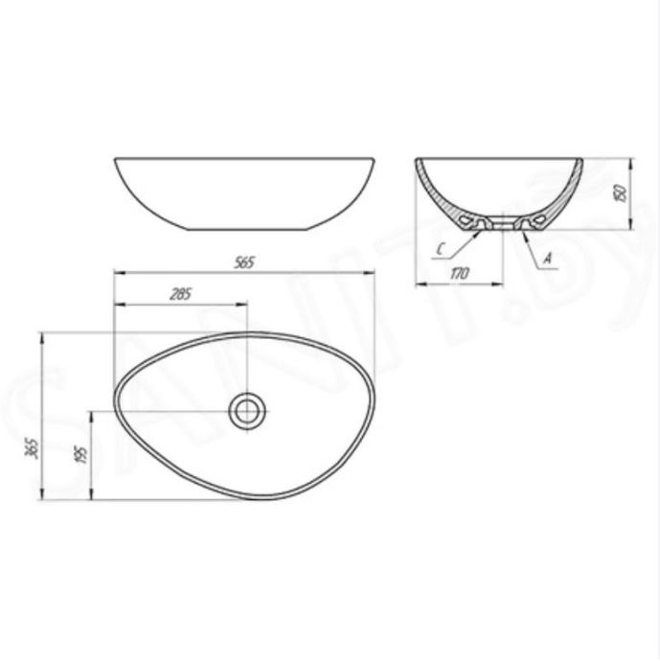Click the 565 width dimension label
click(x=244, y=262)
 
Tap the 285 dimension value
click(x=180, y=294)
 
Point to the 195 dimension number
click(x=82, y=453)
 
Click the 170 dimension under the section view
click(x=459, y=274)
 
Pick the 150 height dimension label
click(x=622, y=192)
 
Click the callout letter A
click(x=548, y=258)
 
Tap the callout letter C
click(x=440, y=250)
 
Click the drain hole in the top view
click(x=248, y=411)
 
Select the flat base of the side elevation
click(x=249, y=230)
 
